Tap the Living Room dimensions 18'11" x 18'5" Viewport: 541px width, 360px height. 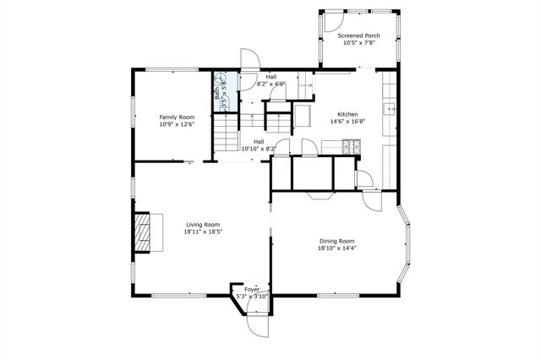tap(202, 232)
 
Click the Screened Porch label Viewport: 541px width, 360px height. tap(359, 36)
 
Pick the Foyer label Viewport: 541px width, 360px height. tap(251, 289)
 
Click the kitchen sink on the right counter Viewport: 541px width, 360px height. tap(390, 108)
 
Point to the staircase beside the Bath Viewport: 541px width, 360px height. tap(227, 134)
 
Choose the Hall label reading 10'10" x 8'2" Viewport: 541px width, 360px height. tap(259, 145)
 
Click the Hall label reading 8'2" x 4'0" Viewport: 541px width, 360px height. tap(271, 80)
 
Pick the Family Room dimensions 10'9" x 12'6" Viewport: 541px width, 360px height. tap(177, 124)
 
